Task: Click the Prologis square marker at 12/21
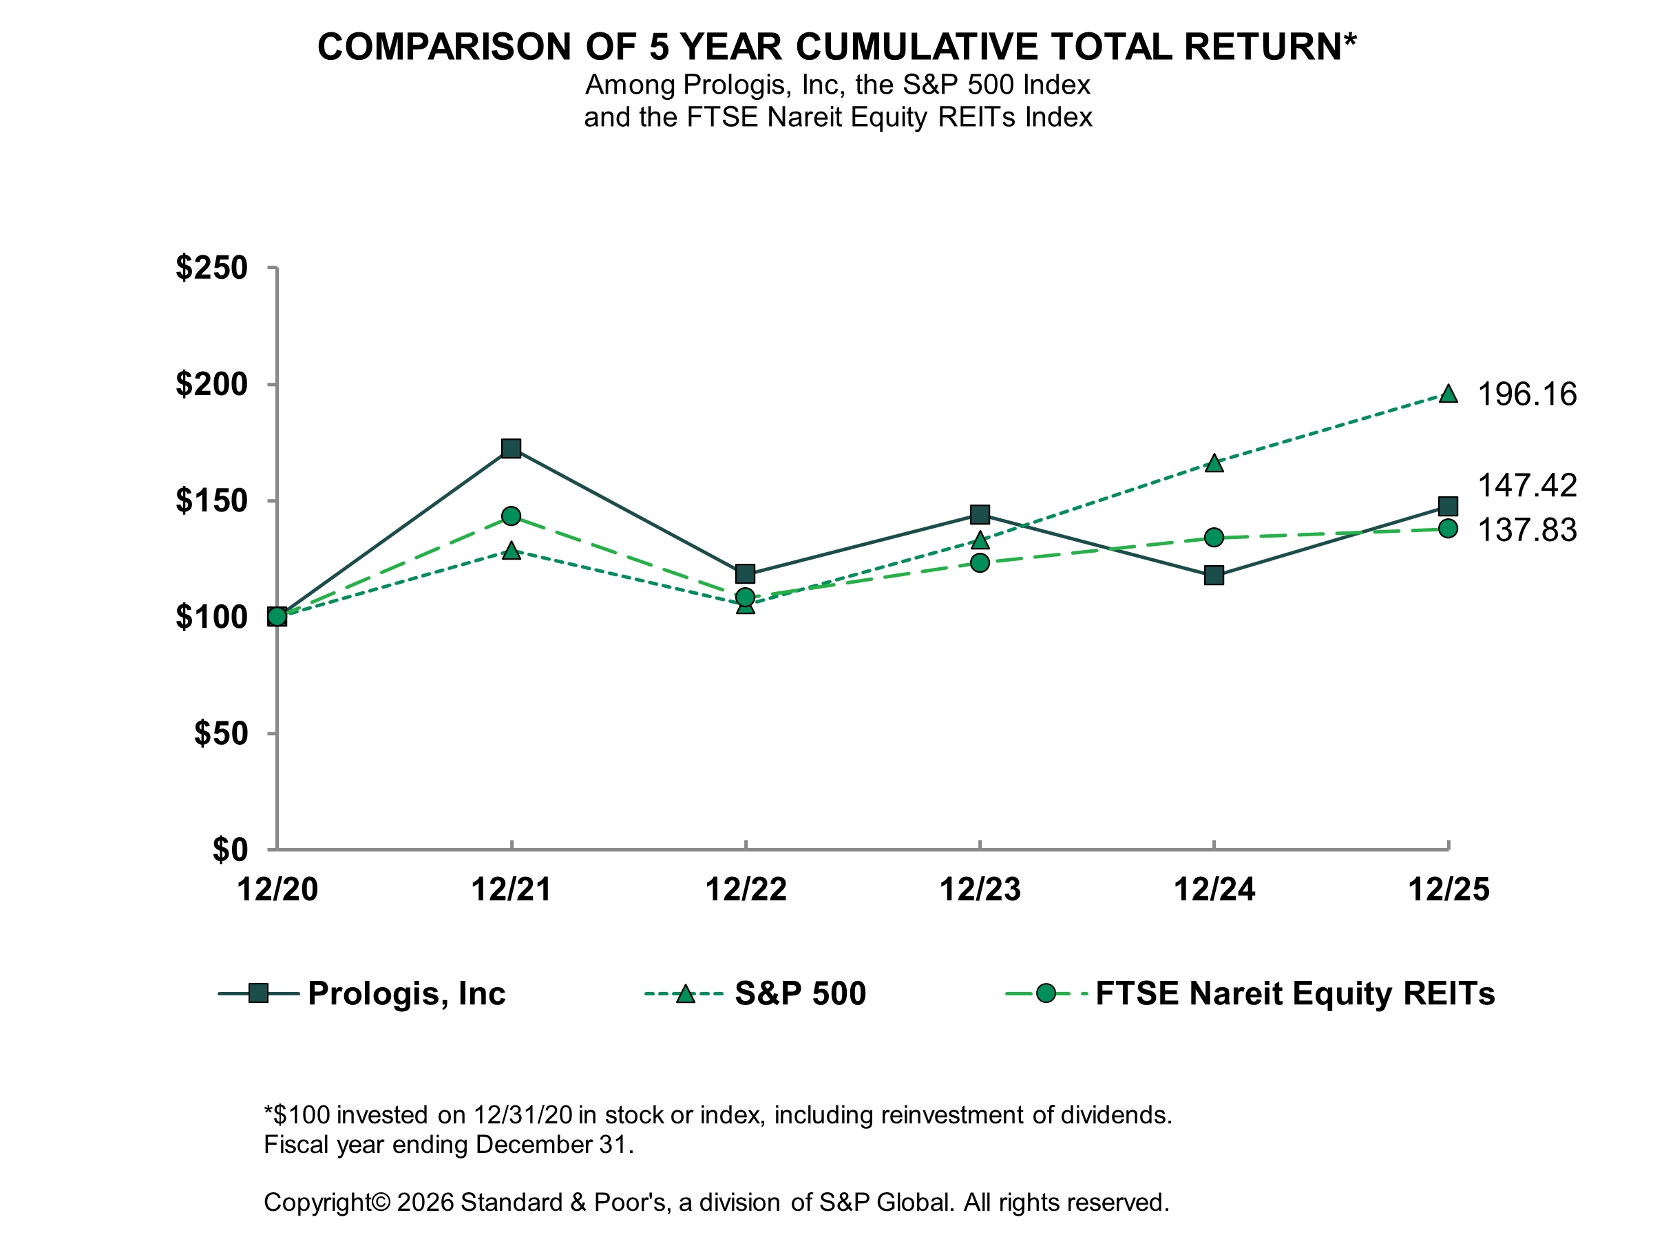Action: pyautogui.click(x=511, y=448)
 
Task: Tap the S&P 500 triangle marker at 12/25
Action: pyautogui.click(x=1448, y=394)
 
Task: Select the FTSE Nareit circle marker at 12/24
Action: pyautogui.click(x=1214, y=538)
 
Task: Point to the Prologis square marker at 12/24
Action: pyautogui.click(x=1214, y=575)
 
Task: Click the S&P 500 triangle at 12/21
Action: pyautogui.click(x=511, y=551)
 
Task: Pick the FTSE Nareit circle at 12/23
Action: pyautogui.click(x=980, y=562)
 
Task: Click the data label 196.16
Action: pyautogui.click(x=1526, y=394)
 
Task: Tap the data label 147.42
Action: pyautogui.click(x=1526, y=485)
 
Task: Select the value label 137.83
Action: pyautogui.click(x=1526, y=530)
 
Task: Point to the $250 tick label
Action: pyautogui.click(x=212, y=268)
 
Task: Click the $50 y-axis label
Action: pyautogui.click(x=221, y=734)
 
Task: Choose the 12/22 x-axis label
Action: pyautogui.click(x=746, y=889)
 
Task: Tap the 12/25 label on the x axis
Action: pyautogui.click(x=1448, y=889)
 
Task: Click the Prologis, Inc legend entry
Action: pyautogui.click(x=406, y=993)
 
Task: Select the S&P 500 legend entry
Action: pyautogui.click(x=800, y=993)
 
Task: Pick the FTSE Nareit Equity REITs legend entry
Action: pyautogui.click(x=1294, y=993)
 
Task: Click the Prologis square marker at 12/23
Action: pyautogui.click(x=980, y=515)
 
